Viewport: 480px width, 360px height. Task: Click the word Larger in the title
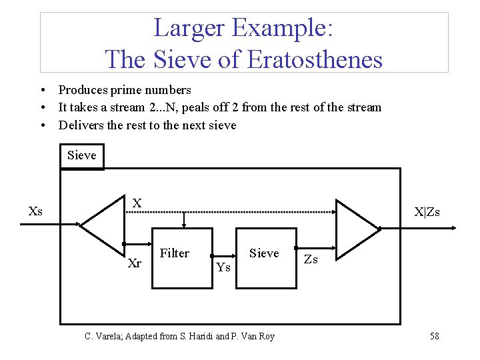coord(191,28)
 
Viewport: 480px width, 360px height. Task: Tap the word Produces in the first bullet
coord(83,90)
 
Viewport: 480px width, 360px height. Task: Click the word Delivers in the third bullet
coord(81,125)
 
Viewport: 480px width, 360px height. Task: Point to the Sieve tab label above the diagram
coord(82,155)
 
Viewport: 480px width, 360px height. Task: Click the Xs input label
coord(36,212)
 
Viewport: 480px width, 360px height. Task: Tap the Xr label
coord(134,263)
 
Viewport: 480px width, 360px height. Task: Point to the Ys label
coord(223,267)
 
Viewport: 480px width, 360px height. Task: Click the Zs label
coord(311,260)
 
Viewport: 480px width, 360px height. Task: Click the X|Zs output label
coord(427,213)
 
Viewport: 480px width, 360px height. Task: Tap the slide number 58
coord(434,336)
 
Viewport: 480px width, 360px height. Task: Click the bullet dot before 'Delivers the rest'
coord(42,125)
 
